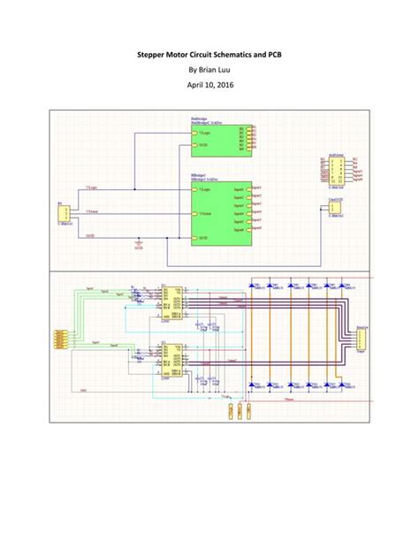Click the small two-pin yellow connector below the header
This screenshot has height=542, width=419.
[x=337, y=210]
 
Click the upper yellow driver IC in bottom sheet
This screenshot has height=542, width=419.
[x=171, y=303]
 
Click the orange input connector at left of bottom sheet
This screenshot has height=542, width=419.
[x=59, y=338]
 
